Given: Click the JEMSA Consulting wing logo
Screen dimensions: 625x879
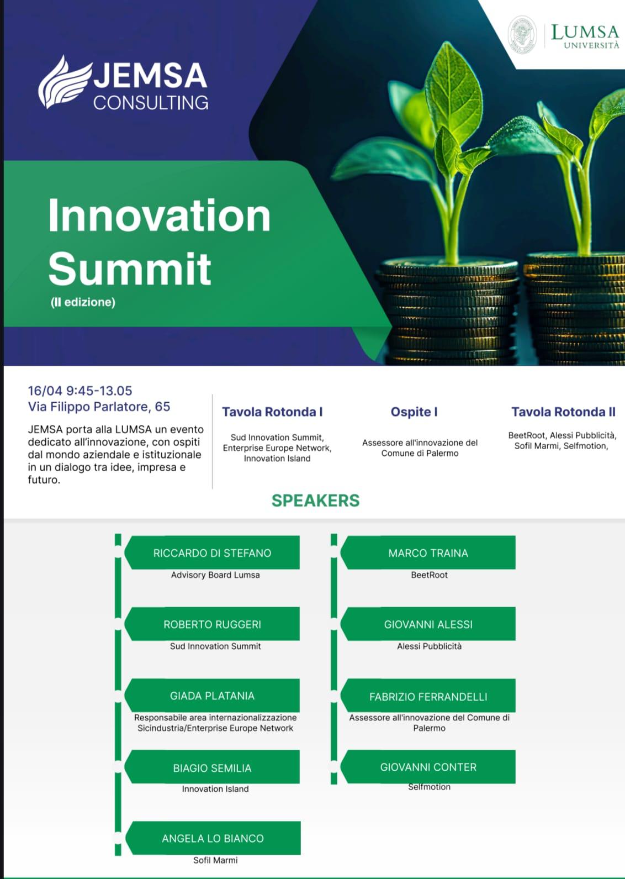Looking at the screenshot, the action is [x=65, y=82].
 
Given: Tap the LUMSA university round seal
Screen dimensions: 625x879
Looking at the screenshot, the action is [x=522, y=35].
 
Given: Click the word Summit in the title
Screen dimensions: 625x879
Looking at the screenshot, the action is [x=130, y=269].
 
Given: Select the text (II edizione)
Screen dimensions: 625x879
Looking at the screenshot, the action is [x=83, y=302].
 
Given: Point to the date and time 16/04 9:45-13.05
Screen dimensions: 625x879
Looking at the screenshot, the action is [x=80, y=391].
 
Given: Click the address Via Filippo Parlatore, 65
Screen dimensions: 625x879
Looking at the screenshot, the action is [x=99, y=407].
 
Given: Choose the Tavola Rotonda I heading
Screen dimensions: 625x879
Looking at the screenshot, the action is [x=273, y=412].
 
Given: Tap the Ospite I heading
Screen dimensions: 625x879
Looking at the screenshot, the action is [x=414, y=412].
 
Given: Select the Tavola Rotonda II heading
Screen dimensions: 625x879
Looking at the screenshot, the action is [x=564, y=412].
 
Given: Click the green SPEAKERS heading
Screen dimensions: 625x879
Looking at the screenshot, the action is [x=316, y=501].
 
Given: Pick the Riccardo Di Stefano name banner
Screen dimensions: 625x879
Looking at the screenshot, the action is [x=212, y=552].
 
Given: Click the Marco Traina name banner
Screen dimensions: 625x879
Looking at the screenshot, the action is [x=428, y=552].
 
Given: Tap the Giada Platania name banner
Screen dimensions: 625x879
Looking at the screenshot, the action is [x=212, y=696].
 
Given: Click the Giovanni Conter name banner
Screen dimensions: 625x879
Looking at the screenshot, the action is [x=428, y=767].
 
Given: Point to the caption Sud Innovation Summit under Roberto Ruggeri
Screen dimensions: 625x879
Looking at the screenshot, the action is [x=215, y=646].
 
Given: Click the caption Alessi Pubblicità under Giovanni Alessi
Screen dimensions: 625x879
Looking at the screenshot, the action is [x=430, y=646].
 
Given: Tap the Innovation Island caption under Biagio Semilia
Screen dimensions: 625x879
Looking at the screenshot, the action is [x=215, y=789].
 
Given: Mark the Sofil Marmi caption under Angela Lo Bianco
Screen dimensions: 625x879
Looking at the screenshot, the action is [x=215, y=860].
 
